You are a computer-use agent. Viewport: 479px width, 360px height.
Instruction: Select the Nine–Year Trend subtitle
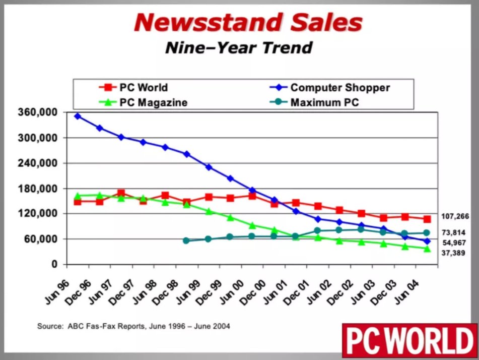pos(239,48)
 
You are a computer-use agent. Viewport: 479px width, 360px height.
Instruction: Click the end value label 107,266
pos(455,216)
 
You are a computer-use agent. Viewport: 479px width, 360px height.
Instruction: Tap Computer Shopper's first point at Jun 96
pos(78,116)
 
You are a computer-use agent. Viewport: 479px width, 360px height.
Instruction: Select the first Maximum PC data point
pos(186,241)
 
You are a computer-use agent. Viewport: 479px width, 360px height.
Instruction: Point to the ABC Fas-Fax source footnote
pos(133,326)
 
